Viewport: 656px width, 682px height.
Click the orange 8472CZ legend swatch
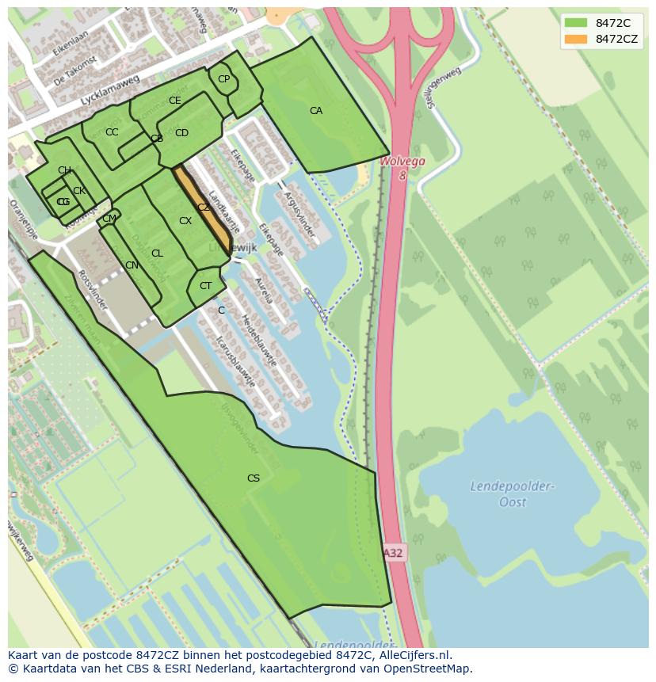coord(576,39)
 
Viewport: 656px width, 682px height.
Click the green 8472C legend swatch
coord(576,22)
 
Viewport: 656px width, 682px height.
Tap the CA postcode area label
coord(316,111)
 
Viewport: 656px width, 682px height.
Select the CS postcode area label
coord(254,478)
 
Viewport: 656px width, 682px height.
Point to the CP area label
coord(223,78)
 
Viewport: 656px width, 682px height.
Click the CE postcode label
coord(175,101)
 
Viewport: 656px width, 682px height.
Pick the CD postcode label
coord(181,133)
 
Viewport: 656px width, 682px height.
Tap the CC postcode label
coord(112,132)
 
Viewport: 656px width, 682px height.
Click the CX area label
coord(185,221)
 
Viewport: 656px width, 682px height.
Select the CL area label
coord(157,253)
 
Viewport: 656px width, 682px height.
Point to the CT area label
coord(205,286)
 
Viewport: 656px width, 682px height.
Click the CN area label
coord(132,265)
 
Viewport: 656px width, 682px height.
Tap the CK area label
coord(78,191)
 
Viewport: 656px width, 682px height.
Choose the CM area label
coord(109,219)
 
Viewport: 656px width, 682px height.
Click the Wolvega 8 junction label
coord(402,167)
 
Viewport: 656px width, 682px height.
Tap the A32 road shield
coord(394,553)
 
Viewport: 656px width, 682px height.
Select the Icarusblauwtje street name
coord(235,360)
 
